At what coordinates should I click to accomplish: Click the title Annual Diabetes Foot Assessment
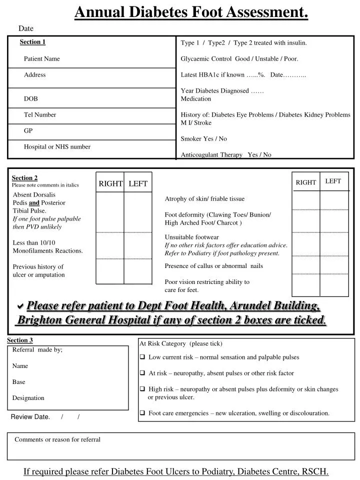(191, 11)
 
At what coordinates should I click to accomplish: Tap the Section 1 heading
(32, 42)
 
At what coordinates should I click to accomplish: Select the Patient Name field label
(41, 59)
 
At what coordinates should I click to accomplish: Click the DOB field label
(31, 99)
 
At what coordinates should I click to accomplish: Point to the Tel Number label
(40, 115)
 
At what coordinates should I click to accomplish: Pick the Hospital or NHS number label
(57, 147)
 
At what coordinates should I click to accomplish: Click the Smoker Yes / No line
(203, 139)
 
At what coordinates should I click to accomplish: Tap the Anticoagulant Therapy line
(225, 155)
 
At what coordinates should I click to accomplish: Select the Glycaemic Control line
(239, 59)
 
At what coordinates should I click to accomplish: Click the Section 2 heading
(24, 178)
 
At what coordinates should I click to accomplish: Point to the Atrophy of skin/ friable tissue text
(204, 199)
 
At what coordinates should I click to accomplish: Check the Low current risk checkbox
(143, 357)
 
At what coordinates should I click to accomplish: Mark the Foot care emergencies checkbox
(143, 413)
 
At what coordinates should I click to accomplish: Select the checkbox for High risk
(143, 389)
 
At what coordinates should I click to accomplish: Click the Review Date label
(30, 417)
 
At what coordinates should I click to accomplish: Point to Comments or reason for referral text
(57, 440)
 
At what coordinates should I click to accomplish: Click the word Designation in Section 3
(28, 398)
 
